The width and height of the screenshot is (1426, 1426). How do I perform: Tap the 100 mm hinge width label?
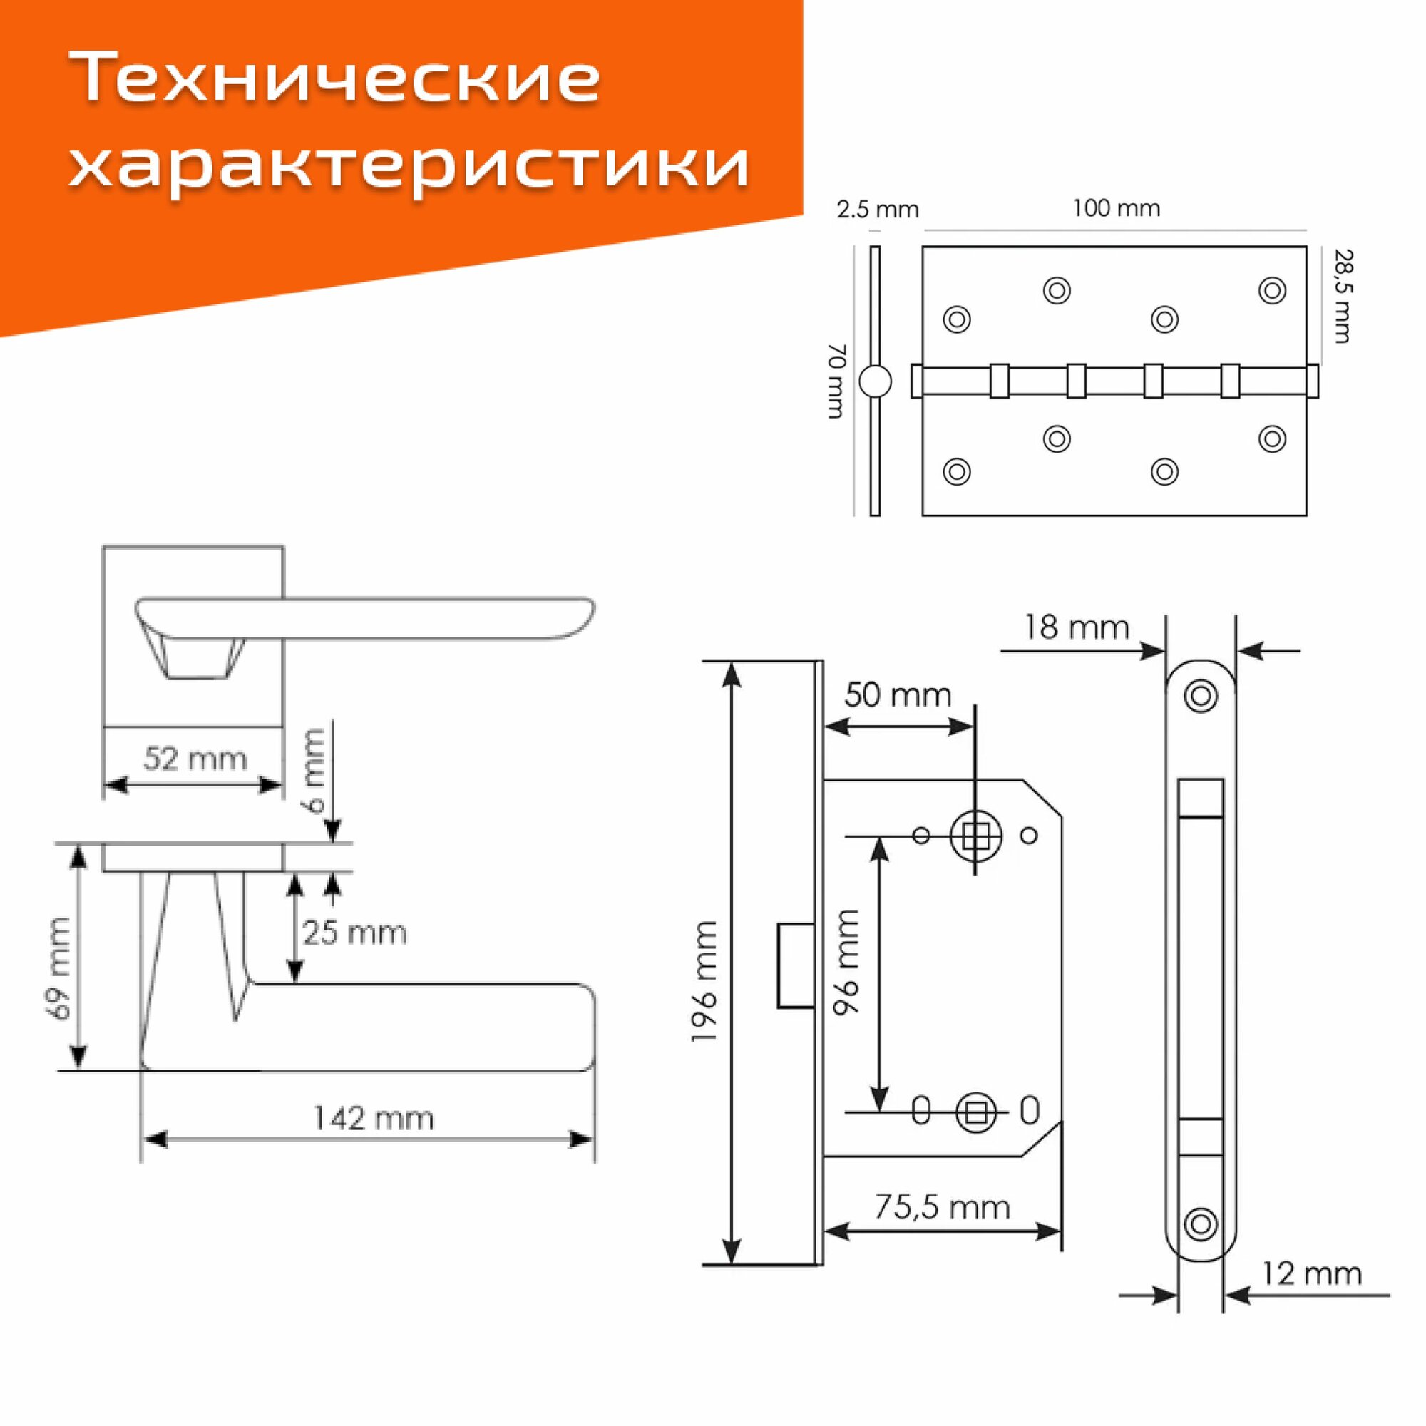(1116, 209)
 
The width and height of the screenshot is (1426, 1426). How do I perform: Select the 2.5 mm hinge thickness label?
(878, 210)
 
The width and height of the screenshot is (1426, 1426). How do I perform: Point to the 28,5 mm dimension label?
(1343, 297)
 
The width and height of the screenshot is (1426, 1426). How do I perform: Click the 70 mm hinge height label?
(836, 381)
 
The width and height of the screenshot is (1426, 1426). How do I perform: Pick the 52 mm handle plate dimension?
(195, 759)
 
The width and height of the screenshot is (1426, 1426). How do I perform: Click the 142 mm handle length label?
(374, 1118)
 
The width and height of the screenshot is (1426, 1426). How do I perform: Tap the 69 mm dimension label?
(58, 968)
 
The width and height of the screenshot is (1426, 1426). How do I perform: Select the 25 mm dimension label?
(355, 933)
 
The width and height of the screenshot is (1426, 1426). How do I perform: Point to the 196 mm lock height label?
(704, 982)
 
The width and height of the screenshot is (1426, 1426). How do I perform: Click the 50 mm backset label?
(898, 695)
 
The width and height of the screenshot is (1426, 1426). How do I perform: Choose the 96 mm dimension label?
(847, 962)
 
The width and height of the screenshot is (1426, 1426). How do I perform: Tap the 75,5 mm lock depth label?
(943, 1208)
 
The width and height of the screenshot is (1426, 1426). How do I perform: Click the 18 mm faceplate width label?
(1077, 627)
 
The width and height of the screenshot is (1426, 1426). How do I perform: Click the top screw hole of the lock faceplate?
(1200, 695)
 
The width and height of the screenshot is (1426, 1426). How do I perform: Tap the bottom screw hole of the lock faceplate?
(1200, 1224)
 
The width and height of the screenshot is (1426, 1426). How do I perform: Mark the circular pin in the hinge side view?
(876, 381)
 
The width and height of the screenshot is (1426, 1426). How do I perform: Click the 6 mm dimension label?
(314, 770)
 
